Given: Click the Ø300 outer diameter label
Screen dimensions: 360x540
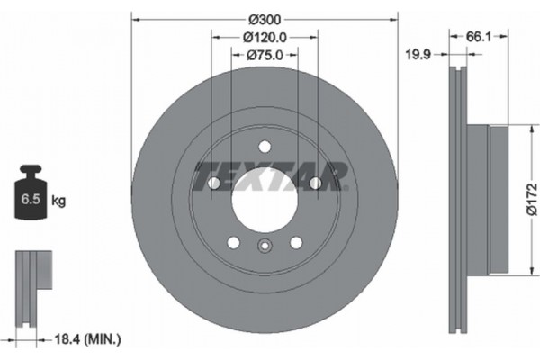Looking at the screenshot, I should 265,19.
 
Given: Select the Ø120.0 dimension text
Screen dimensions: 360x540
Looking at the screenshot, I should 265,37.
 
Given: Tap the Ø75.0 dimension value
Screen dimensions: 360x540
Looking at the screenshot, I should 265,55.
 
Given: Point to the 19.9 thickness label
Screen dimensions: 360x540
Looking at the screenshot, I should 417,55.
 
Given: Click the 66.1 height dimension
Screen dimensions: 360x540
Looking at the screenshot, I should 477,36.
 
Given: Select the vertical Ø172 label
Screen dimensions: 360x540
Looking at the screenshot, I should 531,199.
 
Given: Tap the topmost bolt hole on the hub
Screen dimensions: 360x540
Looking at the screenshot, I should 265,147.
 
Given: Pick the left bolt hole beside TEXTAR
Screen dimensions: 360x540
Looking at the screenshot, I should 214,184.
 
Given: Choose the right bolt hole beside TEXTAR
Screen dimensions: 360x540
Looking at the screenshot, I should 315,184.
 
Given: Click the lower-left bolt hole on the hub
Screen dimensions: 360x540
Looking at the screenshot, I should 233,242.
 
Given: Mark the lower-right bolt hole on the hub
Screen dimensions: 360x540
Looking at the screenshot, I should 296,242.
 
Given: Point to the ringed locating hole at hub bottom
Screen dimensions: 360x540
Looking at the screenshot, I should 265,247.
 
